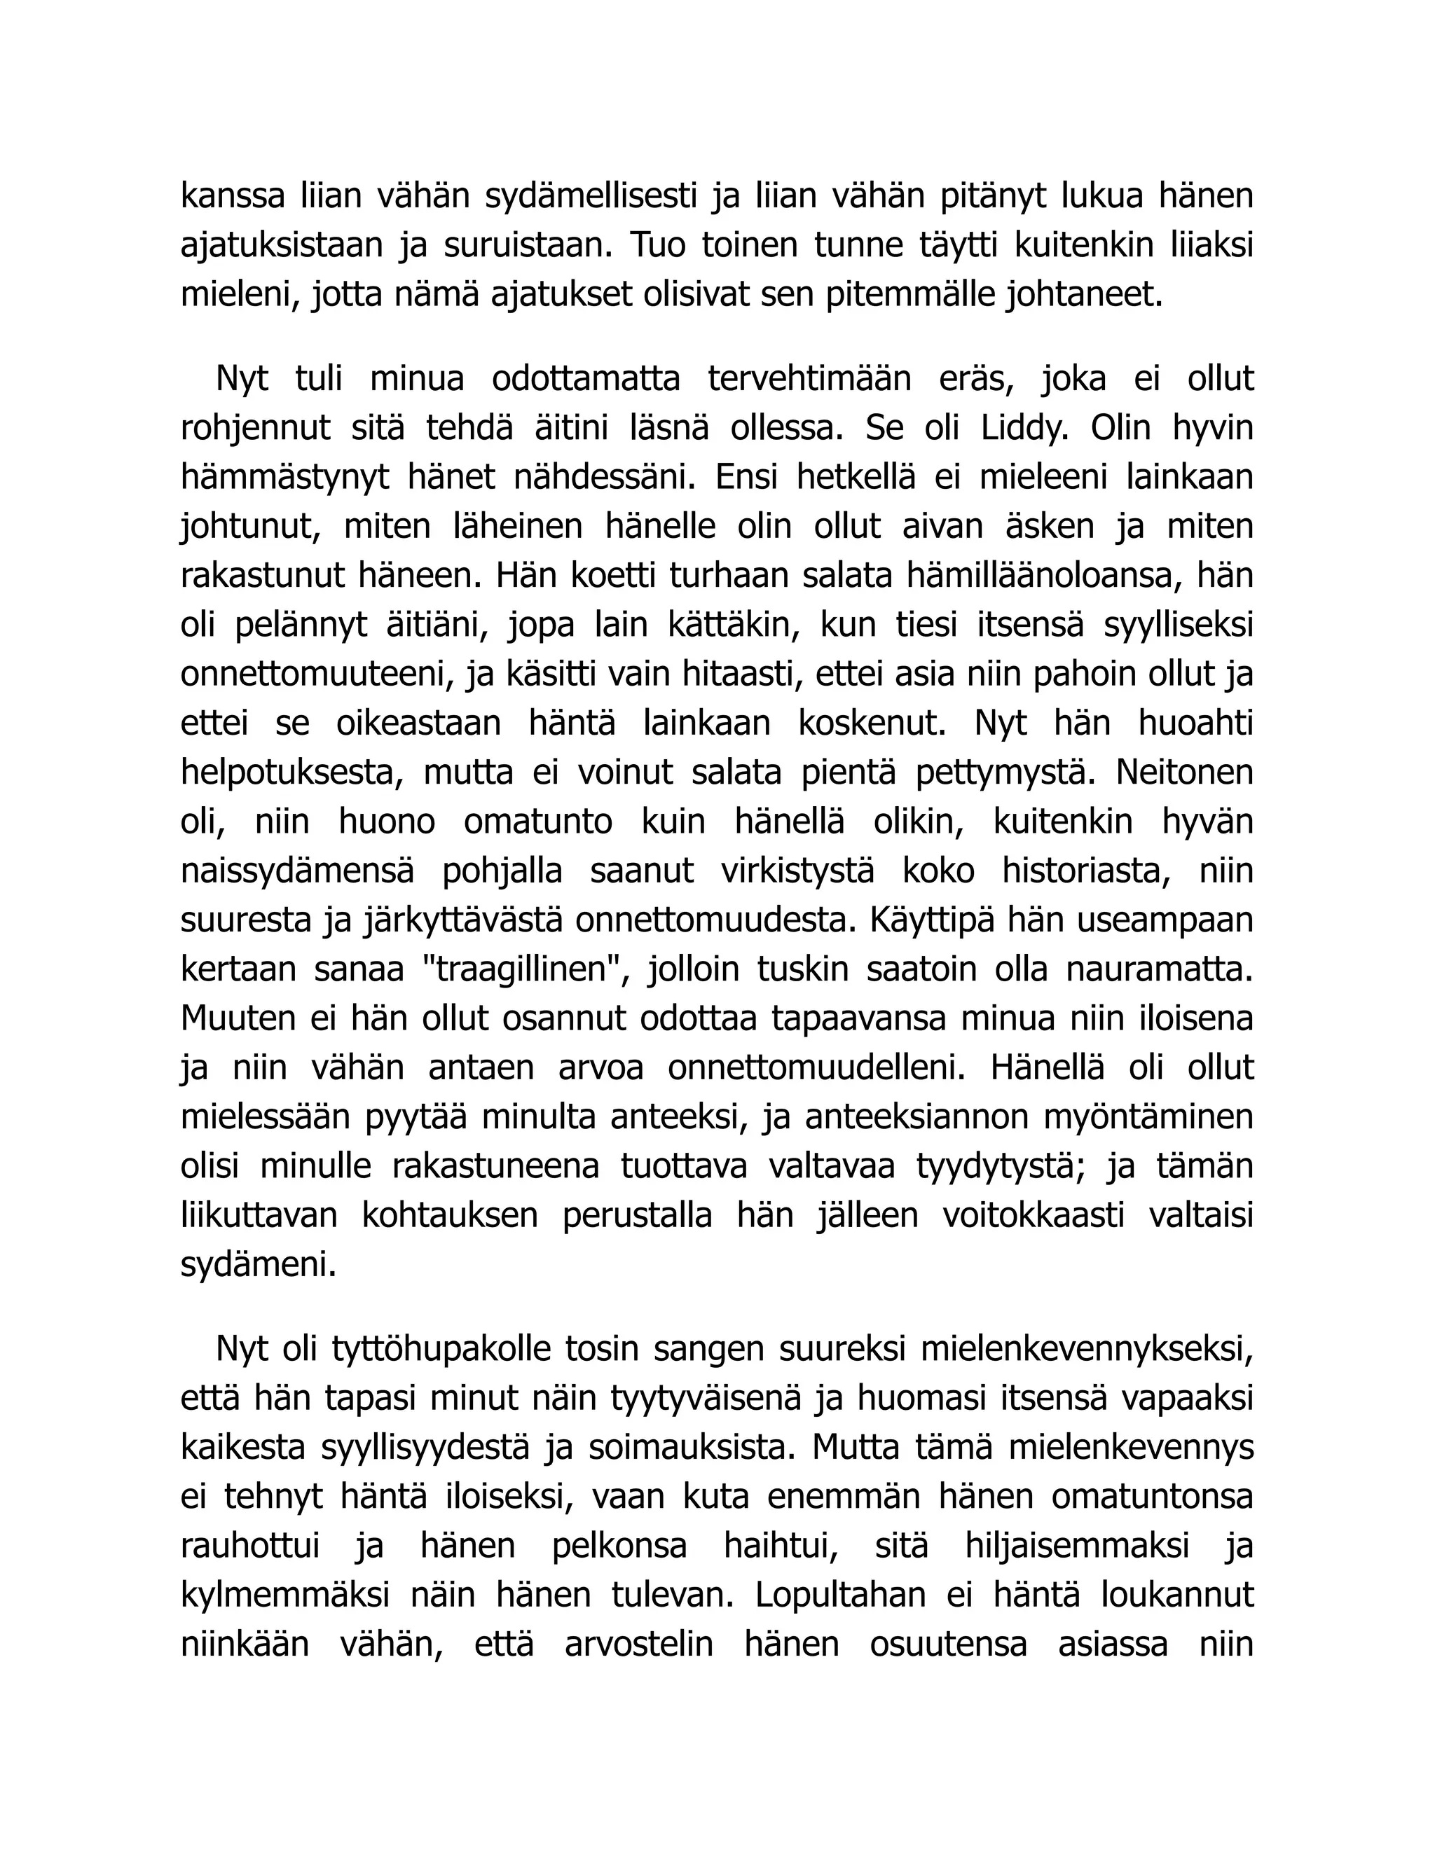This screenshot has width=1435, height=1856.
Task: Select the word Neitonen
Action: pyautogui.click(x=1184, y=773)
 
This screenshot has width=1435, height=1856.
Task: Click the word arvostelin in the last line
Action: pyautogui.click(x=638, y=1644)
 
